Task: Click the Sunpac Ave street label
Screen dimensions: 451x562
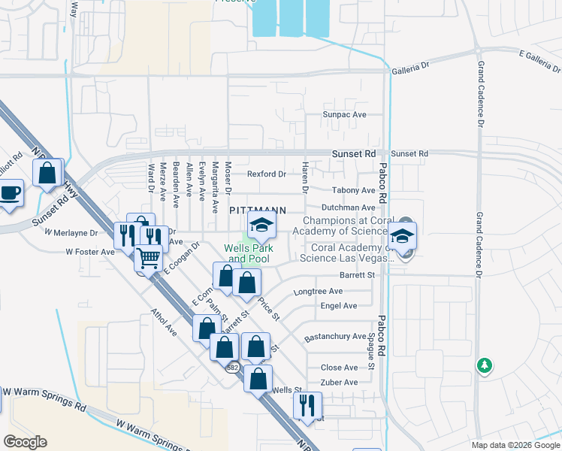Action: coord(344,114)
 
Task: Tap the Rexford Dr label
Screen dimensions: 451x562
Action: coord(267,174)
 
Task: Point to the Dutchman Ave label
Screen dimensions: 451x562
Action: coord(348,207)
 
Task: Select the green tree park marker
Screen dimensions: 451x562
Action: coord(485,366)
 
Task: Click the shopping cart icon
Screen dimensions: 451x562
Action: coord(148,258)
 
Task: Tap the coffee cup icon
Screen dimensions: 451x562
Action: coord(10,192)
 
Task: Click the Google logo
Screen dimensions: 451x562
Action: coord(25,442)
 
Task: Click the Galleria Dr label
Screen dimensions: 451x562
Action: coord(409,67)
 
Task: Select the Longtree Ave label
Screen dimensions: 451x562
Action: coord(318,292)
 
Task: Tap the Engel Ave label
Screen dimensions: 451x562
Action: coord(339,306)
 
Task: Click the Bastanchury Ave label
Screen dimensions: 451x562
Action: coord(334,337)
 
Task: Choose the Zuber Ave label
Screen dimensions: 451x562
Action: coord(340,383)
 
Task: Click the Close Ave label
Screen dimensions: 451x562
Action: coord(340,368)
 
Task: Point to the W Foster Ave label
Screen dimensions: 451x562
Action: coord(90,252)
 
